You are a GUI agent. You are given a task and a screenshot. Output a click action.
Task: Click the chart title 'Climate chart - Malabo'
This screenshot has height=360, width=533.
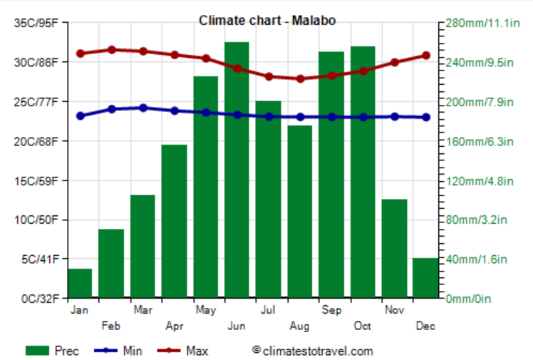(x=267, y=21)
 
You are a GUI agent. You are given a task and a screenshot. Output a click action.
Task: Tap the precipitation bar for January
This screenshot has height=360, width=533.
(x=80, y=283)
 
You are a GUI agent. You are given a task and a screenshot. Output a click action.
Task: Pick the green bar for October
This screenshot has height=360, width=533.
(x=363, y=172)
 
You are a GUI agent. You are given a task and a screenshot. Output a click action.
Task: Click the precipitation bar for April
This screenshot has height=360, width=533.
(x=174, y=221)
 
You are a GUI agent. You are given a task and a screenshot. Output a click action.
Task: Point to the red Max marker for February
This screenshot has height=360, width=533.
(x=111, y=50)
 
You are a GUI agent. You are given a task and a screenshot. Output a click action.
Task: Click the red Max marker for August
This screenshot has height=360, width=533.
(x=300, y=78)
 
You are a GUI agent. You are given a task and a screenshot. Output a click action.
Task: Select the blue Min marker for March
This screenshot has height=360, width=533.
(x=143, y=108)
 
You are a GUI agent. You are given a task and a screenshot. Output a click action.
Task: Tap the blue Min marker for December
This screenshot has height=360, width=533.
(x=425, y=117)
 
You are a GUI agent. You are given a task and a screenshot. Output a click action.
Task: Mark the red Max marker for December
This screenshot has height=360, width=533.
(x=425, y=55)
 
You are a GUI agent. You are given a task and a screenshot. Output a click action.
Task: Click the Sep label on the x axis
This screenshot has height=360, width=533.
(x=331, y=310)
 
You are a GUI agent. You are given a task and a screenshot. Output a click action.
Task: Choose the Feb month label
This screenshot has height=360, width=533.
(x=111, y=326)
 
